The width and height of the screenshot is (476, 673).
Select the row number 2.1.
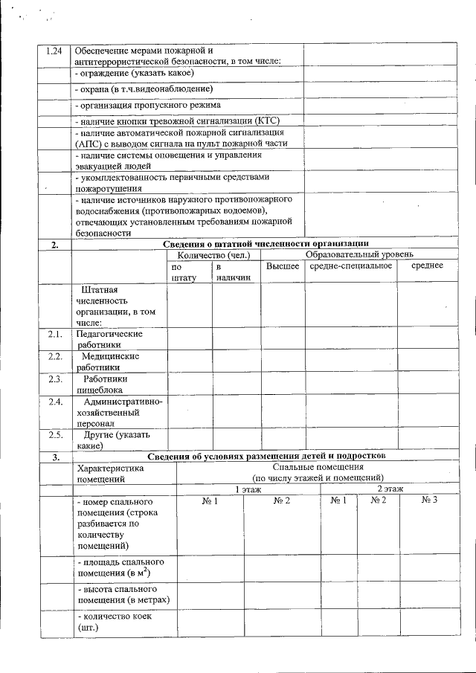pyautogui.click(x=54, y=335)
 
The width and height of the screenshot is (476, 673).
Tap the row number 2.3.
pyautogui.click(x=54, y=379)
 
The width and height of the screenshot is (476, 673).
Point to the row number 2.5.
pyautogui.click(x=54, y=435)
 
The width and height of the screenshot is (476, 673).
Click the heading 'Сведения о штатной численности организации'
pyautogui.click(x=266, y=245)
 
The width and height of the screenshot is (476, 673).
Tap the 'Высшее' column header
pyautogui.click(x=283, y=265)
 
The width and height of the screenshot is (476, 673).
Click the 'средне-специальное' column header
pyautogui.click(x=350, y=265)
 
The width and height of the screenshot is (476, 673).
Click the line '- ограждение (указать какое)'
pyautogui.click(x=135, y=73)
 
